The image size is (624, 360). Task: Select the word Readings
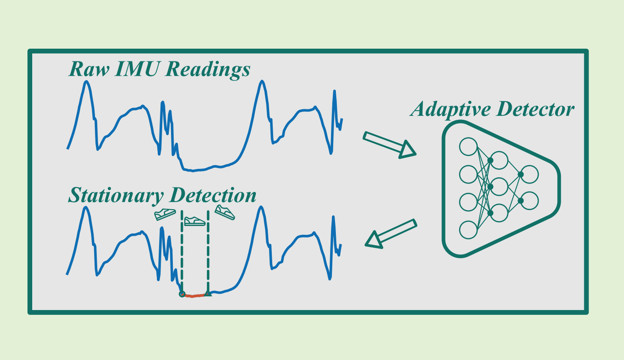[208, 70]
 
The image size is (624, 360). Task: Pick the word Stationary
[116, 195]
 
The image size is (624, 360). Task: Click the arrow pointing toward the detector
[389, 144]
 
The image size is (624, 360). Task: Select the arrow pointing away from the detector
[391, 234]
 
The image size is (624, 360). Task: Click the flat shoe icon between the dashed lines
[195, 221]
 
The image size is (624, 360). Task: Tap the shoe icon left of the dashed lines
[165, 214]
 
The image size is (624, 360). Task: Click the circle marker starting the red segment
[182, 294]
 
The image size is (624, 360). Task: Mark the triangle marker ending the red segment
[207, 293]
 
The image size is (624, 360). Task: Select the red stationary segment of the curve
[194, 295]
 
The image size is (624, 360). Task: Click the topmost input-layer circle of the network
[468, 146]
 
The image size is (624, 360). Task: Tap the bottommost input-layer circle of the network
[468, 230]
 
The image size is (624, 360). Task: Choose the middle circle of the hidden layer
[499, 187]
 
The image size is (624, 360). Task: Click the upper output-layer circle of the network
[529, 174]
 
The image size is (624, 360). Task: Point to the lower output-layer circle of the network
[529, 201]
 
